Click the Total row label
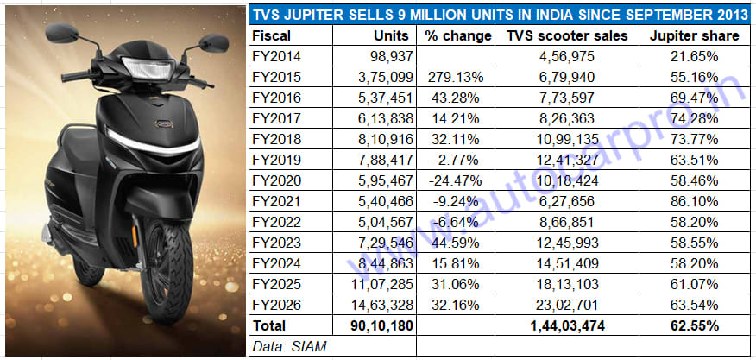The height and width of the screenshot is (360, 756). pos(268,326)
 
